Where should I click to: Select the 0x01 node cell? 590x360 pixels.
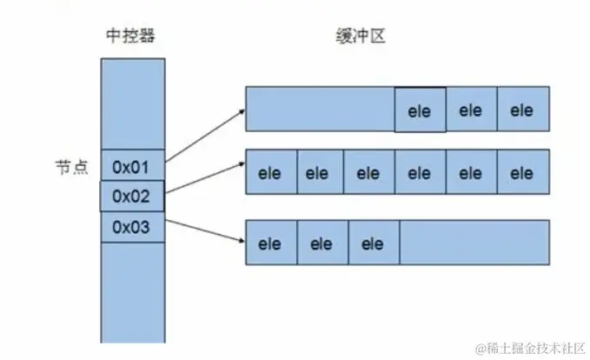click(x=132, y=165)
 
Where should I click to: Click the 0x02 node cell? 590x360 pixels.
click(x=132, y=197)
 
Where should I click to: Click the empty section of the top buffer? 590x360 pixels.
click(x=320, y=110)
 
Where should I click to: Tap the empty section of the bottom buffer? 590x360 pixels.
click(x=474, y=243)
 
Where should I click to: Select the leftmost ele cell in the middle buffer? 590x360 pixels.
click(x=272, y=173)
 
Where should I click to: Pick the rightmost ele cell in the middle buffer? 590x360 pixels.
click(x=522, y=173)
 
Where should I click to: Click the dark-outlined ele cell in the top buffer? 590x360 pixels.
click(x=421, y=110)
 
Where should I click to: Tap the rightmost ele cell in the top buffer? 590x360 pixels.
click(x=522, y=110)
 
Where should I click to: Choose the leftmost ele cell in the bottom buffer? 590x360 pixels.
click(x=272, y=243)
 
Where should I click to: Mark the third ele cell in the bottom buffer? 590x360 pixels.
click(x=373, y=243)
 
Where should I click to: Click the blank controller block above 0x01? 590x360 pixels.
click(x=132, y=103)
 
